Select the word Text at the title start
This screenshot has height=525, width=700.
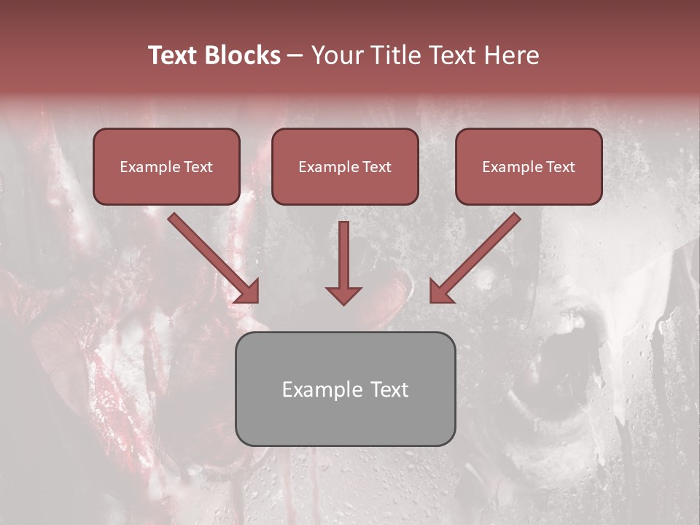174,55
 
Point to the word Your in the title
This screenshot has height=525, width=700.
338,55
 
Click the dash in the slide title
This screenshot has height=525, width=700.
295,55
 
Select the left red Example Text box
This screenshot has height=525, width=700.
166,166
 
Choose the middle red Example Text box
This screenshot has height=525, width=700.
345,166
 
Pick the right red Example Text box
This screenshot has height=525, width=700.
529,166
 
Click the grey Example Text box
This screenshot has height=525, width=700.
345,389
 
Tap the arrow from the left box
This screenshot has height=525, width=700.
211,257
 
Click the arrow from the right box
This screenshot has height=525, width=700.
477,257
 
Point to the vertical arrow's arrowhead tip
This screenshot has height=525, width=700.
343,303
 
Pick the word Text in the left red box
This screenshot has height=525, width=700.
198,167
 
